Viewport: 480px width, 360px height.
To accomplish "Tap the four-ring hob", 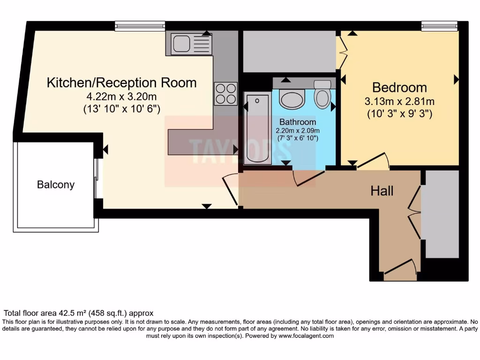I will tap(225, 93).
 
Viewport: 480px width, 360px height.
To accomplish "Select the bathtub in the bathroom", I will tap(257, 128).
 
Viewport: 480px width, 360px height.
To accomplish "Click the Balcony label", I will tap(56, 185).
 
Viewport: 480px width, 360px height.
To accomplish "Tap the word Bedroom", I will tap(399, 87).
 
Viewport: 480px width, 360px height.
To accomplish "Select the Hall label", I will tap(382, 191).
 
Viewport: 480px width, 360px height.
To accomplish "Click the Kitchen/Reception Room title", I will tap(121, 83).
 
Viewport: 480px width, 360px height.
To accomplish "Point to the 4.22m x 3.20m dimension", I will tap(121, 97).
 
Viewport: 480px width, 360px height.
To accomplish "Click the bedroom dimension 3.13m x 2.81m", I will tap(399, 101).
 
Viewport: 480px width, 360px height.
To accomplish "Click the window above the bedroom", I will tap(439, 26).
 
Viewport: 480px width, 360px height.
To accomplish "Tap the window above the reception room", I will tap(140, 26).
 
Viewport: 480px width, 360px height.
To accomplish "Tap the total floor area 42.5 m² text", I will tap(79, 313).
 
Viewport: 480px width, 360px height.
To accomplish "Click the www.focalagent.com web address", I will tap(306, 336).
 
